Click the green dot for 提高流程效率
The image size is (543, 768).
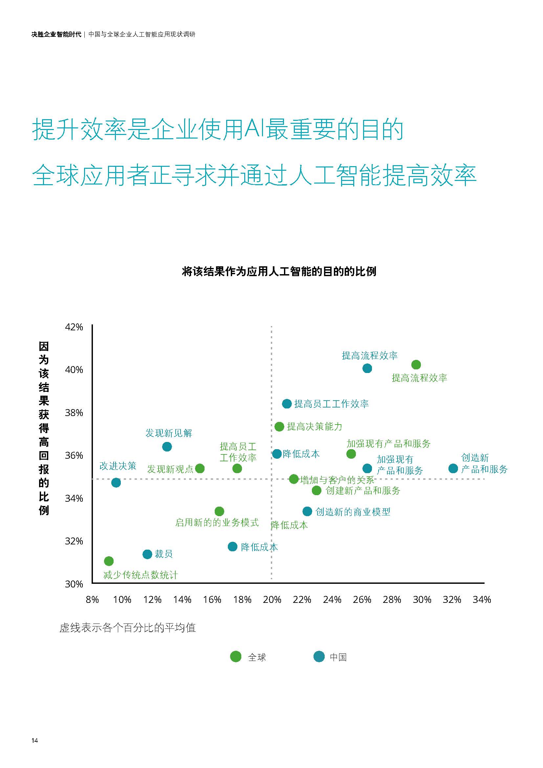click(x=416, y=364)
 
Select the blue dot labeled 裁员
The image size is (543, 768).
click(x=147, y=554)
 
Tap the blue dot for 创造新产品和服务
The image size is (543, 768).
click(x=453, y=468)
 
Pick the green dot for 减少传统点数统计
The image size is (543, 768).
click(x=109, y=561)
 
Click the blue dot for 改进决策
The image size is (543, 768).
click(x=116, y=483)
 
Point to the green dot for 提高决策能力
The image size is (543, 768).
click(x=279, y=427)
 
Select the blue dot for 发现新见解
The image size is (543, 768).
click(x=167, y=447)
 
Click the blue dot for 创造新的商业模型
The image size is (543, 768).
click(x=307, y=512)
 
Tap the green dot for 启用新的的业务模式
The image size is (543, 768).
click(x=219, y=512)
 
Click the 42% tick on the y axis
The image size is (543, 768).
click(x=74, y=327)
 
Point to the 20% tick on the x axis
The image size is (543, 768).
click(x=271, y=600)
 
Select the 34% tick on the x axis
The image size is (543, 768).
click(x=482, y=600)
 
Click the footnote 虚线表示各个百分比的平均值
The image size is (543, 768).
click(x=127, y=628)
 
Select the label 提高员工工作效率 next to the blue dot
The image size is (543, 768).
click(x=331, y=404)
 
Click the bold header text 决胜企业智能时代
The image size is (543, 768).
click(x=56, y=34)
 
